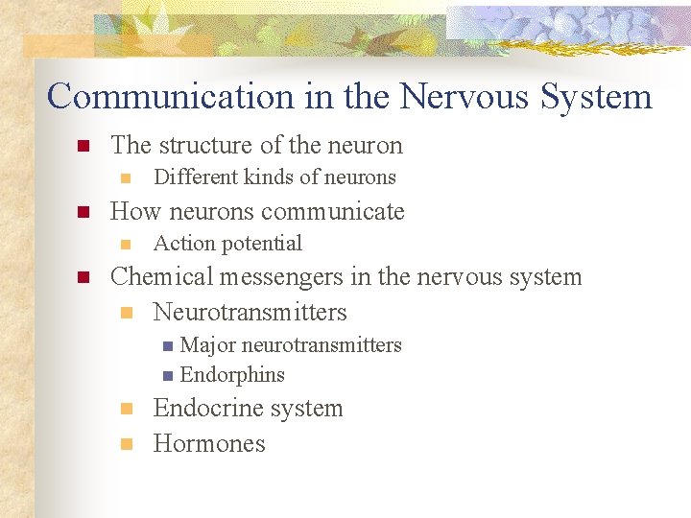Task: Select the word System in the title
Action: coord(596,97)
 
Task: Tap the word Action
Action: coord(179,244)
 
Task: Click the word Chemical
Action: coord(161,277)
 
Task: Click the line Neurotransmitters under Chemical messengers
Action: coord(250,313)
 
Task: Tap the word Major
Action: coord(208,345)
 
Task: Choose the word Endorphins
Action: coord(232,375)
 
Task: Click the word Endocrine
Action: coord(204,409)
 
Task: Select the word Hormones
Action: coord(208,444)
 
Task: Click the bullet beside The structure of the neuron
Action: coord(83,147)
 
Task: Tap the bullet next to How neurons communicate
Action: coord(83,212)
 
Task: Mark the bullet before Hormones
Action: coord(125,444)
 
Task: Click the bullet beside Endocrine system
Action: coord(125,410)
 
